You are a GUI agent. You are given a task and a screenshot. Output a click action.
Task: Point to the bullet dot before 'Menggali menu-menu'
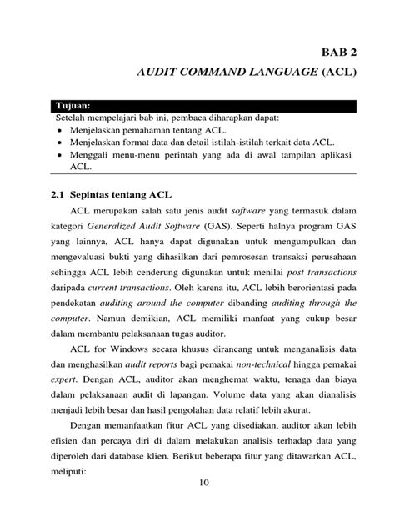click(61, 155)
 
